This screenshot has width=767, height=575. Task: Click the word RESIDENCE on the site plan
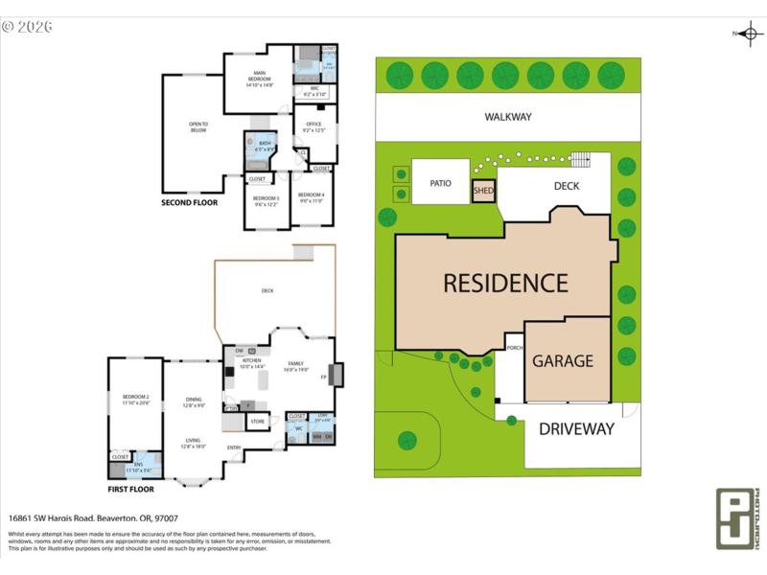coord(505,284)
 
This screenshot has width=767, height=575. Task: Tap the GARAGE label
coord(563,361)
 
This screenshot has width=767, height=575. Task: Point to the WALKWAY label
coord(507,117)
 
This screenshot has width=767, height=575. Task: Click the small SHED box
coord(484,191)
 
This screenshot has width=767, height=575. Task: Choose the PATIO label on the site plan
coord(440,181)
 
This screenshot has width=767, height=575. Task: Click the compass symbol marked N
coord(750,34)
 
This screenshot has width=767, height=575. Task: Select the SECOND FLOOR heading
coord(189,203)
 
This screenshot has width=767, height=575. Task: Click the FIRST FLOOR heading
coord(130,489)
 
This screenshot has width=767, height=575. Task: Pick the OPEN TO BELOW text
coord(198,126)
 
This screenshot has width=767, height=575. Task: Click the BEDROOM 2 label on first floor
coord(135,399)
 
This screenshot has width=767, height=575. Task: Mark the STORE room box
coord(257,421)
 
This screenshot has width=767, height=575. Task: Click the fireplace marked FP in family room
coord(336,374)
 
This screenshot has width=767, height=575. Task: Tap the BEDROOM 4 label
coord(311,196)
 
